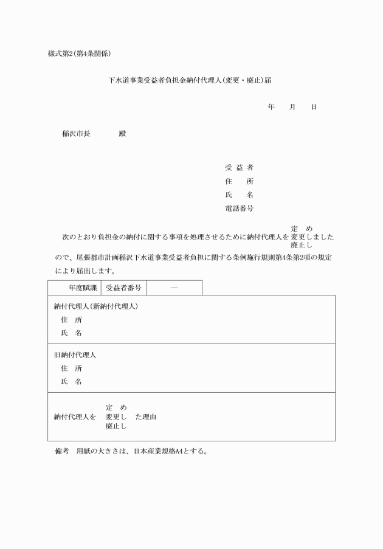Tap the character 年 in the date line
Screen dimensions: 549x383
pos(271,107)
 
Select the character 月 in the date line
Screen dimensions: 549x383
pos(292,107)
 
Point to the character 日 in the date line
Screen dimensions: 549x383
pos(314,107)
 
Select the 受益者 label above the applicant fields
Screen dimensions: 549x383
pos(239,168)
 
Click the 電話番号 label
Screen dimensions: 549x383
pos(239,209)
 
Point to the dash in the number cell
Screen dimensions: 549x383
pos(174,288)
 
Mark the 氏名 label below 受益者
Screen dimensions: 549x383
pos(239,195)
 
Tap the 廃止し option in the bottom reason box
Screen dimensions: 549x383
pos(116,427)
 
